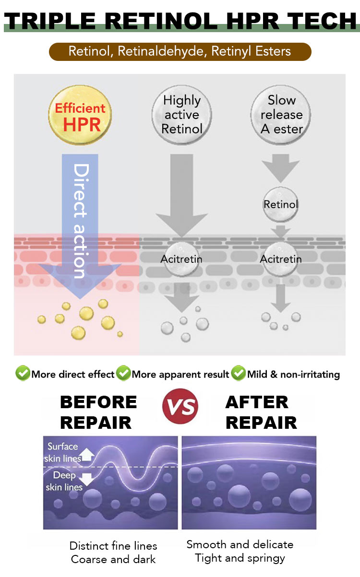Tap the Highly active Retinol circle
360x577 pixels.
tap(181, 115)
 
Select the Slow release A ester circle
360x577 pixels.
tap(281, 115)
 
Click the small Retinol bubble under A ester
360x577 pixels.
tap(281, 205)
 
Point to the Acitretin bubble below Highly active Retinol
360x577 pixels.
tap(181, 259)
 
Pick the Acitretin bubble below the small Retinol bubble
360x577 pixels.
tap(281, 259)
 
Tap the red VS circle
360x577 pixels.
tap(180, 406)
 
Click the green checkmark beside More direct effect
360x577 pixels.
tap(23, 374)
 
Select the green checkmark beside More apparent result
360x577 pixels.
tap(123, 374)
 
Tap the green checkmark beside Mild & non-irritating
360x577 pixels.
tap(238, 374)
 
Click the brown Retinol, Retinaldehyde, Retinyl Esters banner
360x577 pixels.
tap(180, 51)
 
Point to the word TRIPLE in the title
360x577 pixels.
tap(50, 21)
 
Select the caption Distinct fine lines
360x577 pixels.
tap(113, 546)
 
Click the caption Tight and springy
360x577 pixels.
tap(240, 558)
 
